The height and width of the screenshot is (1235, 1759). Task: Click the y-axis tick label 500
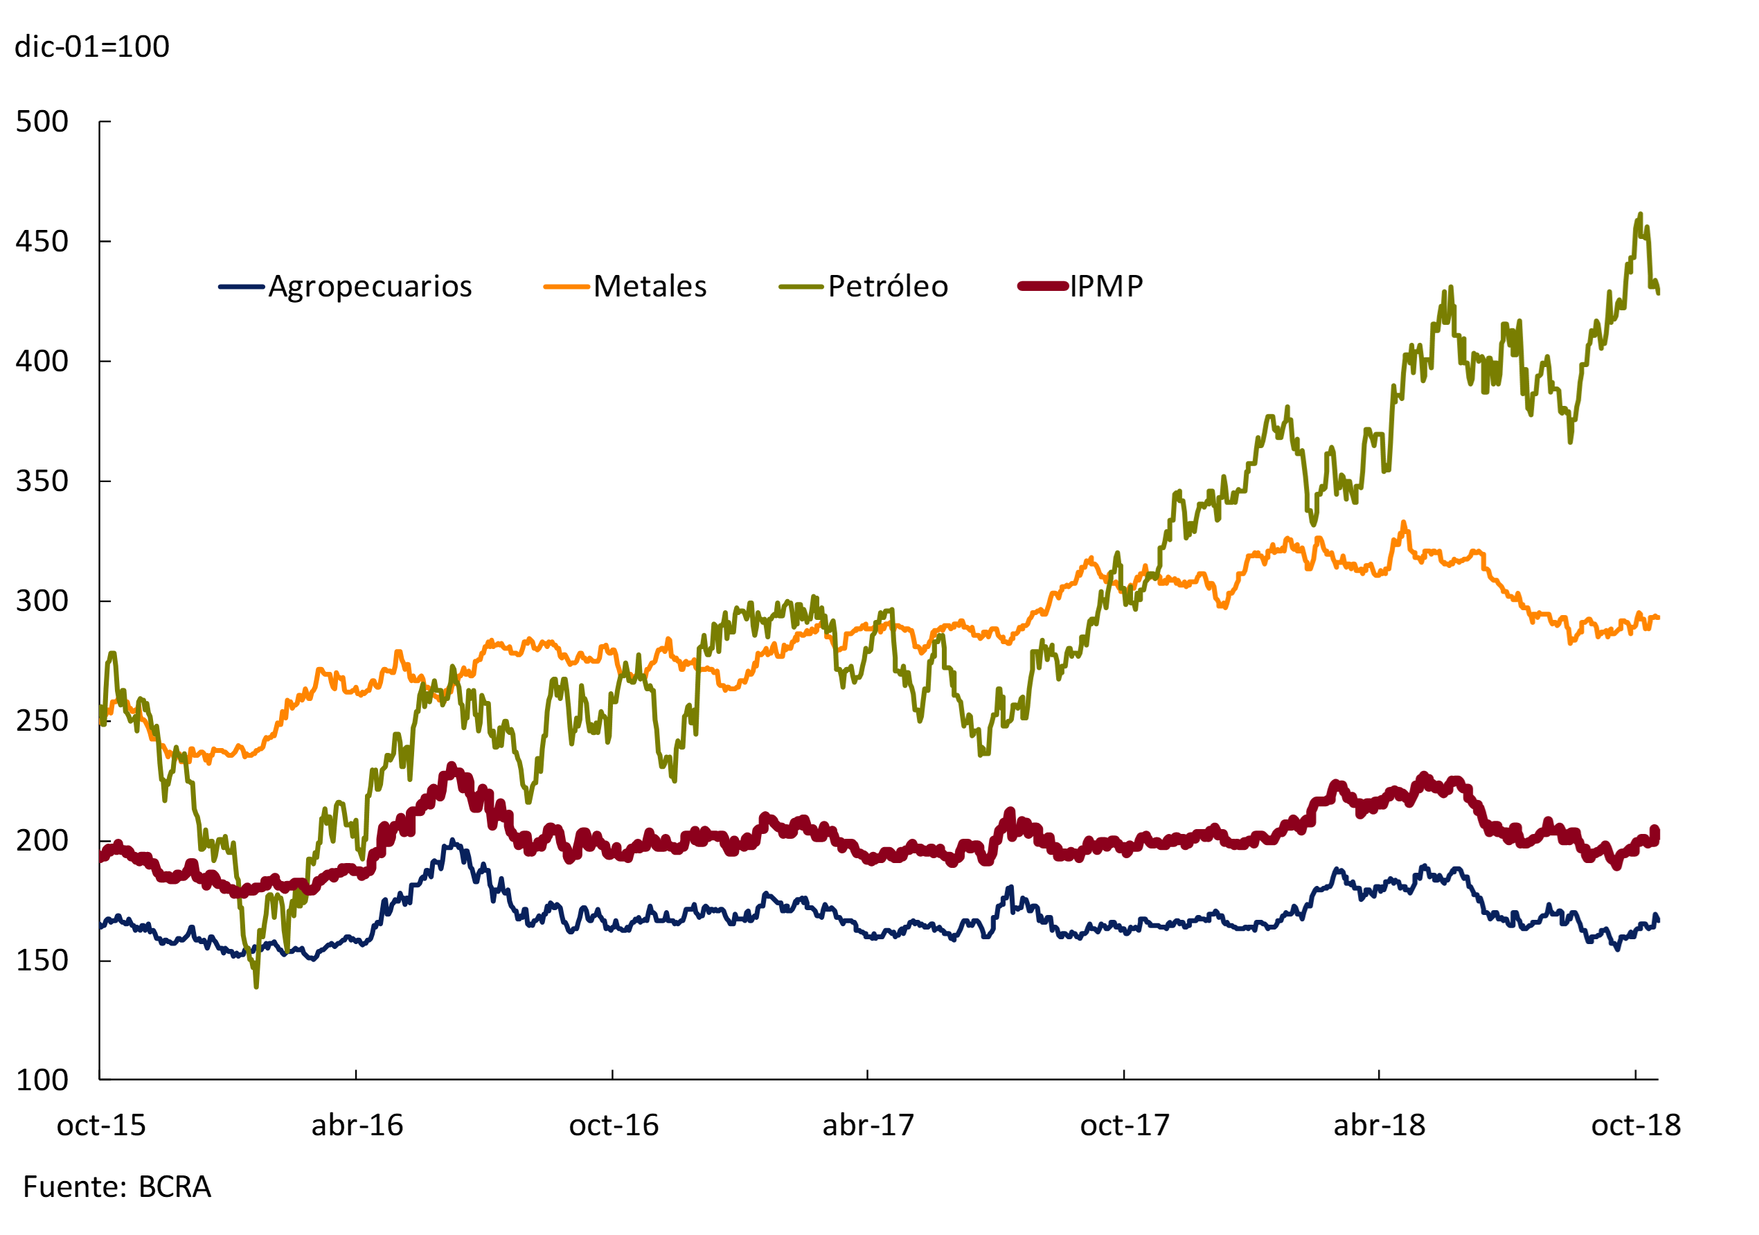(42, 122)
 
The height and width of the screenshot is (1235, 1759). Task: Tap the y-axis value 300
(42, 601)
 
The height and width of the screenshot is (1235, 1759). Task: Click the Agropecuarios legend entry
(370, 287)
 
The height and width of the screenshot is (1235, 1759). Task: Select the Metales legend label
(650, 287)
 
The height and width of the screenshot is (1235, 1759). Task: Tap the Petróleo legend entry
(888, 287)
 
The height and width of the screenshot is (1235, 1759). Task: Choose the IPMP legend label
(1106, 287)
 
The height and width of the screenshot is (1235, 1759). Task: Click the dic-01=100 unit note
(92, 46)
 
